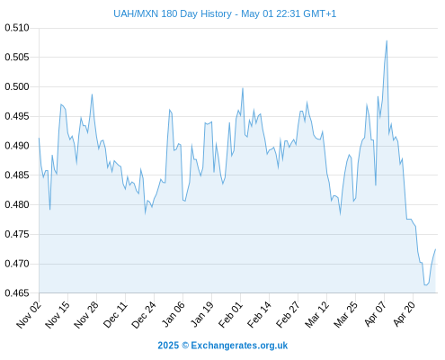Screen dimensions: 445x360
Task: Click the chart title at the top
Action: [x=225, y=13]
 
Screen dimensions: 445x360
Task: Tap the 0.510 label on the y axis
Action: [x=17, y=28]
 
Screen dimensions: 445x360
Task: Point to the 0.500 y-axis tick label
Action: [x=17, y=86]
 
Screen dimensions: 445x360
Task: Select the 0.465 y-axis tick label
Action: [x=17, y=292]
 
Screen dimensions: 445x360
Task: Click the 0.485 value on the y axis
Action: [x=17, y=175]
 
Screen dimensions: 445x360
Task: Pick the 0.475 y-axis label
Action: [x=17, y=234]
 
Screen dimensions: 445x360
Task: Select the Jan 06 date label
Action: [x=173, y=314]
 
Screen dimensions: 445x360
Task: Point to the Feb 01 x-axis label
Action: [x=230, y=314]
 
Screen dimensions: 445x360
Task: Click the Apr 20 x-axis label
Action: [x=404, y=314]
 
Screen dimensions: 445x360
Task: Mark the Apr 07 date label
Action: [x=375, y=314]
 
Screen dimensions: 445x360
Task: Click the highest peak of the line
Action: [x=387, y=40]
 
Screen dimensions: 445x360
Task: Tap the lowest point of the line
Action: [x=425, y=285]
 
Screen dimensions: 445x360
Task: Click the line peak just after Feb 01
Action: [x=243, y=88]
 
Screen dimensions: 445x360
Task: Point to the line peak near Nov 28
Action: [x=93, y=94]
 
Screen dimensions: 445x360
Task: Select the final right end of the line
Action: [x=435, y=249]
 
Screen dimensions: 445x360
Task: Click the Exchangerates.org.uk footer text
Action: [x=239, y=346]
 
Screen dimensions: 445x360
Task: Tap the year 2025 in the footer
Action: [x=168, y=346]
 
